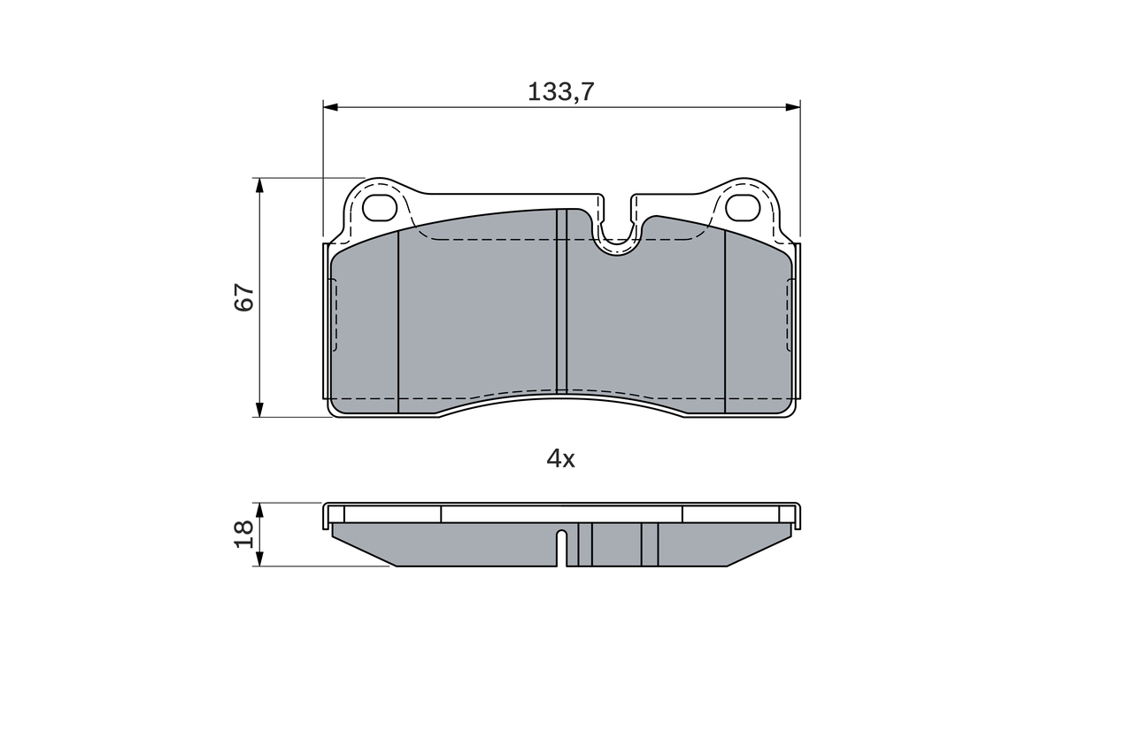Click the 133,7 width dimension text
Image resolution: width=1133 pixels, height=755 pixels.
pos(560,91)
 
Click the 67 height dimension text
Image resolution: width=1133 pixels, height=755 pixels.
pos(244,297)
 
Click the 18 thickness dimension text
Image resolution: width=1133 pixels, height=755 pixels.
pos(244,533)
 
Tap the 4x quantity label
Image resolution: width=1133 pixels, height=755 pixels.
pos(560,458)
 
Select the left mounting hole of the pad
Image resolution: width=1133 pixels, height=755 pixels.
pos(382,207)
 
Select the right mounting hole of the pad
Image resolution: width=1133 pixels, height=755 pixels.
pos(742,207)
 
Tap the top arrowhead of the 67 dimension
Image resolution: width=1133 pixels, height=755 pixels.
pos(259,185)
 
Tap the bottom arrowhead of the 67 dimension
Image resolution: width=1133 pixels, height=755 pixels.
pos(259,409)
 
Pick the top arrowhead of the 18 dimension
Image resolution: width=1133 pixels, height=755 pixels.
pos(259,510)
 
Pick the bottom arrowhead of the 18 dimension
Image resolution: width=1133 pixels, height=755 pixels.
pos(259,559)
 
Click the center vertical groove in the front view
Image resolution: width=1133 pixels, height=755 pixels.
pos(560,301)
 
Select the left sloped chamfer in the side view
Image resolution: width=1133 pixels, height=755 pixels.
pos(364,551)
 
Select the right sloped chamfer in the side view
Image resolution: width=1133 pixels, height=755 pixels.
pos(759,551)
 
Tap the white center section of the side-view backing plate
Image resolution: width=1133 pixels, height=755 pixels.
pos(561,514)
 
